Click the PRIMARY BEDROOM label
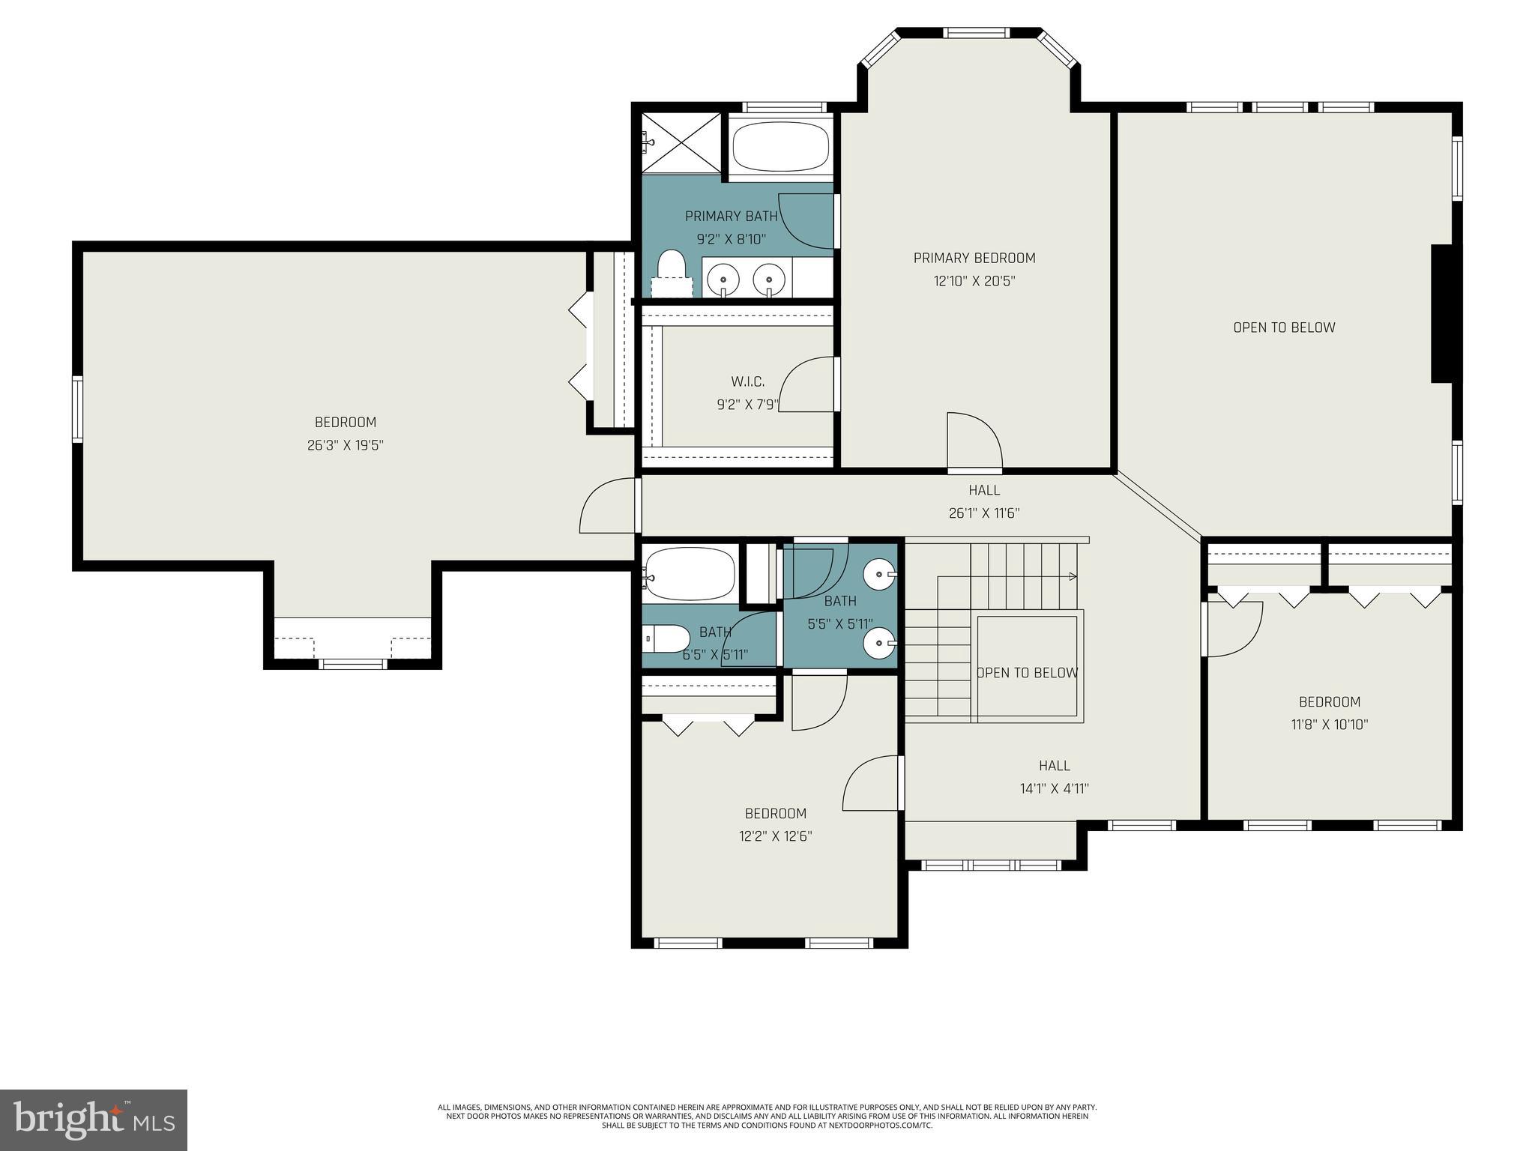tap(974, 258)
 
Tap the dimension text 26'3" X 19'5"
tap(345, 445)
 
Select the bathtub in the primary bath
tap(780, 147)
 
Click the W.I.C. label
tap(747, 382)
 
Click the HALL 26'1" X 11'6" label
tap(983, 501)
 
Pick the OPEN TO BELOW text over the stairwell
tap(1027, 673)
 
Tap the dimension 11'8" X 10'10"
tap(1329, 725)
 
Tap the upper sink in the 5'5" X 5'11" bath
tap(878, 576)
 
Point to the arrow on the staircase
tap(1073, 576)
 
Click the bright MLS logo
tap(93, 1120)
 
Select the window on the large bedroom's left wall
tap(77, 408)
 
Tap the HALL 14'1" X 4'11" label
tap(1054, 777)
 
